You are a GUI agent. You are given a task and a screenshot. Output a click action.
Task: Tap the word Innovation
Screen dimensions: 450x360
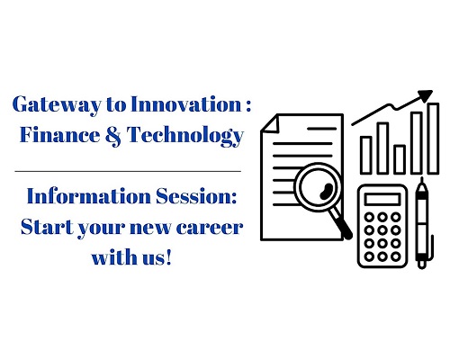(186, 104)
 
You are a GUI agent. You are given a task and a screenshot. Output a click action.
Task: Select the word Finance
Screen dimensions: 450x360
(59, 134)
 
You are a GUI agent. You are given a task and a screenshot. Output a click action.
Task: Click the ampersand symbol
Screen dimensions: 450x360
(113, 136)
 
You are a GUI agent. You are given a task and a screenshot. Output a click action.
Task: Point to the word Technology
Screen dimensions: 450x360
(184, 136)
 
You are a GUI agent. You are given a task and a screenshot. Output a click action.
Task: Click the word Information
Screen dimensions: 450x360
(89, 196)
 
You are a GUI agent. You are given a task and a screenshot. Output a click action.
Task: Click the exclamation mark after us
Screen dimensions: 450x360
(168, 257)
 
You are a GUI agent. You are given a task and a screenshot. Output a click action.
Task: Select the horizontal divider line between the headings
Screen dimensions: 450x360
(128, 172)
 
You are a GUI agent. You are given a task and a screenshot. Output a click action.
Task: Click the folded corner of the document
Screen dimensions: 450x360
(271, 123)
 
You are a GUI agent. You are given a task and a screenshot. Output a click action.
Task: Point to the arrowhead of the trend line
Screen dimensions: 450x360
(424, 96)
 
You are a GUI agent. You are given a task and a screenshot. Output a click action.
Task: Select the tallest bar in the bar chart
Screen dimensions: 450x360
(433, 138)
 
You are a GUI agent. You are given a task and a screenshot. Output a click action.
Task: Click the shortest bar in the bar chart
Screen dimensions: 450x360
(400, 159)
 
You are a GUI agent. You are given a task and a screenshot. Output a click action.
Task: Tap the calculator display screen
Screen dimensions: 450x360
(382, 199)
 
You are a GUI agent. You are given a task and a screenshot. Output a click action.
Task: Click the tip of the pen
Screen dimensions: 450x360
(422, 179)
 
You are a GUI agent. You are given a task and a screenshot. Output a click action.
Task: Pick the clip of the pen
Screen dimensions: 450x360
(431, 247)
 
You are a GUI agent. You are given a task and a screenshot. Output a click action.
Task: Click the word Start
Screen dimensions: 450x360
(47, 227)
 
